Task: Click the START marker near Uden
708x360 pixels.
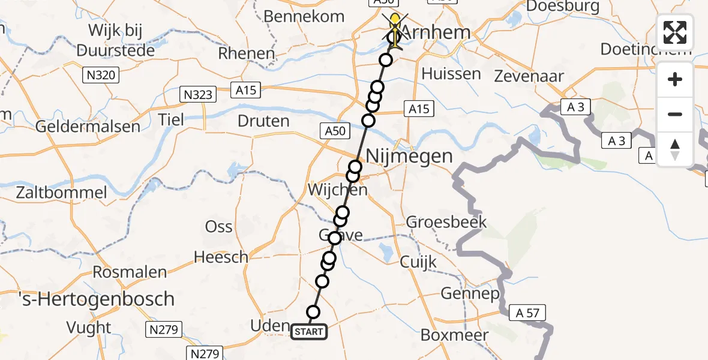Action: [309, 332]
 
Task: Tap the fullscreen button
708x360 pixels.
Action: [675, 32]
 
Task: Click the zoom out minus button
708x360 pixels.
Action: [675, 114]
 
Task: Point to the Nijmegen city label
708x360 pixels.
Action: [409, 157]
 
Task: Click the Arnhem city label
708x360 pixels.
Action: [435, 32]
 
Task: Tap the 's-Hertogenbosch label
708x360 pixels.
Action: [88, 299]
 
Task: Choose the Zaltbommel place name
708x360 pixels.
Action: [62, 193]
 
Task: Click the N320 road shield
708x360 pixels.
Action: [100, 75]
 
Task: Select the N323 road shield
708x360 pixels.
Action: [197, 94]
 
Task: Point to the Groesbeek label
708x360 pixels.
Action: [446, 223]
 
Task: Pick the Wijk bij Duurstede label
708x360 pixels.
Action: [113, 38]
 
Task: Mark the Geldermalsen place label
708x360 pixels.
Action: [88, 127]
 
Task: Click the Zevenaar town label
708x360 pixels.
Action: [529, 76]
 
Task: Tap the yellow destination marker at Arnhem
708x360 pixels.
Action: [395, 27]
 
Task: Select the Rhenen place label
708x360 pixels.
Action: [246, 53]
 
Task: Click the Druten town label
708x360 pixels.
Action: [263, 121]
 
